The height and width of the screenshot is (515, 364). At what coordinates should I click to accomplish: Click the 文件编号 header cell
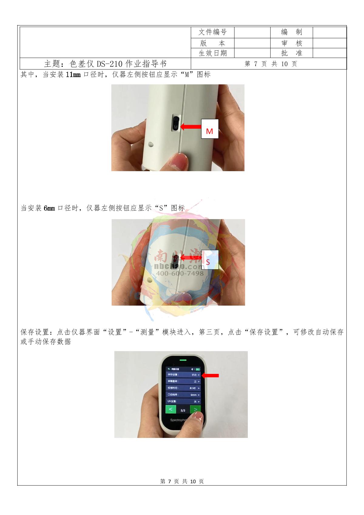click(212, 32)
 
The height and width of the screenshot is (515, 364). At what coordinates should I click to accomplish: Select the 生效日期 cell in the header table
click(212, 53)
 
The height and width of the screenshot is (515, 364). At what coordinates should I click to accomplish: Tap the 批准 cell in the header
click(291, 53)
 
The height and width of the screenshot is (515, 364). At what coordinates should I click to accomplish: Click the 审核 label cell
click(291, 43)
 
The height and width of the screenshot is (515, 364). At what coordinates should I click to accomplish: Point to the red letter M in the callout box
click(209, 131)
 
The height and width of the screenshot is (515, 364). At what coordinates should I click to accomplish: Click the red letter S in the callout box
click(208, 262)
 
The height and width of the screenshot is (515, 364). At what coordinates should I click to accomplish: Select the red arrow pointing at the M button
click(191, 127)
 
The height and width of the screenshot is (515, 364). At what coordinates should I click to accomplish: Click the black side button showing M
click(176, 123)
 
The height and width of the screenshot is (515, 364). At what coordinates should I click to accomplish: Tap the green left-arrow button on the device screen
click(170, 409)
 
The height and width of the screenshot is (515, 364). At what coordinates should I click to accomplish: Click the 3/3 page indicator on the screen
click(183, 410)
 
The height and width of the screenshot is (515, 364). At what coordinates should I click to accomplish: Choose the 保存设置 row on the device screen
click(183, 375)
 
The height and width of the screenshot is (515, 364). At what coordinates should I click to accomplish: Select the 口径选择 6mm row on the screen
click(183, 395)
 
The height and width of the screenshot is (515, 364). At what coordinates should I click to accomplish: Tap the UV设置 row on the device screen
click(183, 401)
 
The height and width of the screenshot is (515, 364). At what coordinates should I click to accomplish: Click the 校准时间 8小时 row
click(183, 388)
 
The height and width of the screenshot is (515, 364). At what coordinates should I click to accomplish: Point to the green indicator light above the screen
click(183, 360)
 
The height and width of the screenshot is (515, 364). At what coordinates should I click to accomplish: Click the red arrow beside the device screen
click(210, 375)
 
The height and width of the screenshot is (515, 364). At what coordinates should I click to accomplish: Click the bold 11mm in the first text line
click(73, 74)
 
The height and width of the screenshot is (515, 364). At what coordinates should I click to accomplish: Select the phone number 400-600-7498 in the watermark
click(180, 273)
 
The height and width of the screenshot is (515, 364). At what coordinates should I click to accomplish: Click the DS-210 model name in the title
click(110, 64)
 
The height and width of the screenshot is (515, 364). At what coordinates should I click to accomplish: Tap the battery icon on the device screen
click(198, 369)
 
